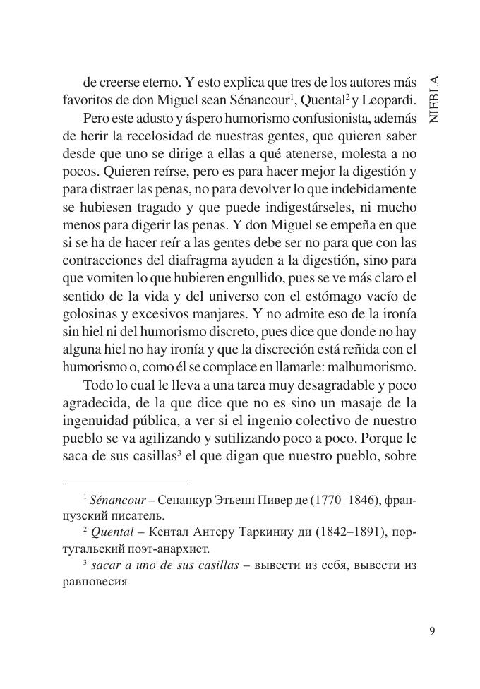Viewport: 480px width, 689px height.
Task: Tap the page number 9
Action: (x=432, y=630)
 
